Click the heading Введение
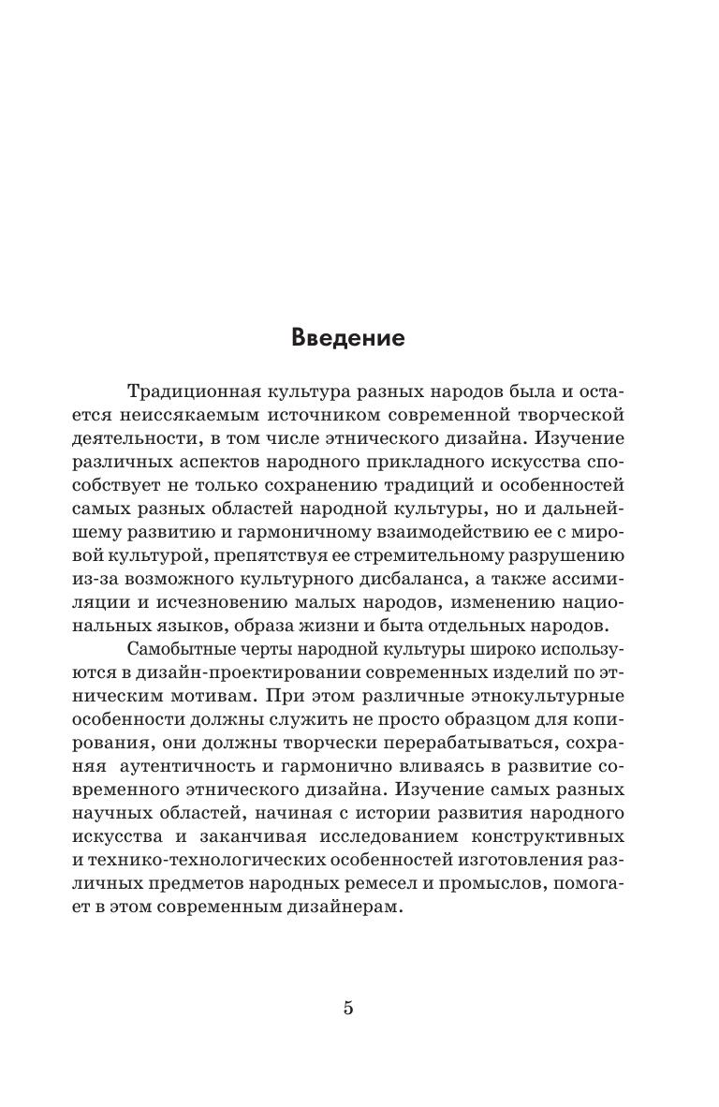pos(348,337)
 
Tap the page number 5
pos(348,1009)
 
